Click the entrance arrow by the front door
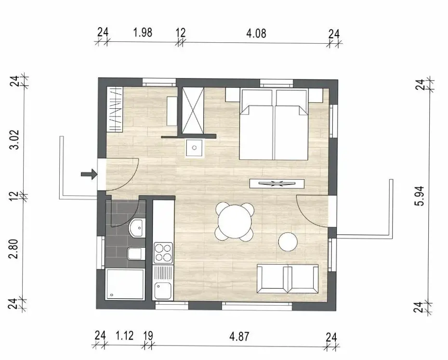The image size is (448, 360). pyautogui.click(x=89, y=174)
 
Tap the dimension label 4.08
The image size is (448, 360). pyautogui.click(x=256, y=33)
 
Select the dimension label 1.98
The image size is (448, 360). pyautogui.click(x=143, y=32)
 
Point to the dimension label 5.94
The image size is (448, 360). pyautogui.click(x=421, y=196)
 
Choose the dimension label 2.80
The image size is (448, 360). pyautogui.click(x=13, y=249)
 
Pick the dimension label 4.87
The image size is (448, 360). pyautogui.click(x=239, y=336)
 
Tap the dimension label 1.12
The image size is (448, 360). pyautogui.click(x=125, y=335)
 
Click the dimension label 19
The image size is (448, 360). pyautogui.click(x=148, y=336)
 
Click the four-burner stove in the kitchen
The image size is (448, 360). pyautogui.click(x=163, y=253)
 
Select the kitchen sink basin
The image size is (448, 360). pyautogui.click(x=163, y=291)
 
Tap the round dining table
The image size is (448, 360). pyautogui.click(x=235, y=221)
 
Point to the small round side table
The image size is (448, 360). pyautogui.click(x=288, y=242)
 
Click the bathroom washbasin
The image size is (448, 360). pyautogui.click(x=137, y=228)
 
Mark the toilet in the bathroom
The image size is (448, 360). pyautogui.click(x=135, y=254)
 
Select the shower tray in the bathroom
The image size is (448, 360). pyautogui.click(x=125, y=284)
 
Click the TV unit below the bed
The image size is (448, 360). pyautogui.click(x=277, y=183)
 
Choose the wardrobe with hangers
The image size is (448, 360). pyautogui.click(x=115, y=110)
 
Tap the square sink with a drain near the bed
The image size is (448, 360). pyautogui.click(x=194, y=148)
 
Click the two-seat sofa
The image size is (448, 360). pyautogui.click(x=288, y=279)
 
